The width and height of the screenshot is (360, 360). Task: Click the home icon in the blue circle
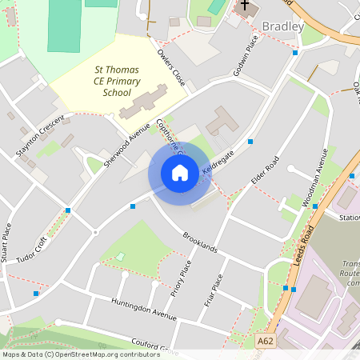point(180,173)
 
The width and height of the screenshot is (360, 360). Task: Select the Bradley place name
point(283,26)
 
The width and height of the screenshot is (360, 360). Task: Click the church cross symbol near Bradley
point(246,6)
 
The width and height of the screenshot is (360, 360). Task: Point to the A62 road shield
point(266,342)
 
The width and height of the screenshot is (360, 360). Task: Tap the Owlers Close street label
point(171,69)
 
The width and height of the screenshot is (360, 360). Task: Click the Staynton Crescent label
point(39,134)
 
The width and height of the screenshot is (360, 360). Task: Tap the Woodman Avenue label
point(317,182)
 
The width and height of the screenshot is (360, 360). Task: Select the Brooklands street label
point(200,243)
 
